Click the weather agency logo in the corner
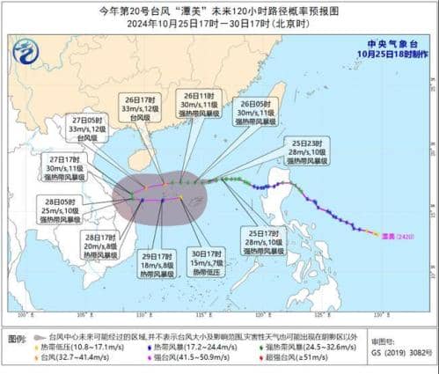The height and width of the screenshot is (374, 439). (27, 55)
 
